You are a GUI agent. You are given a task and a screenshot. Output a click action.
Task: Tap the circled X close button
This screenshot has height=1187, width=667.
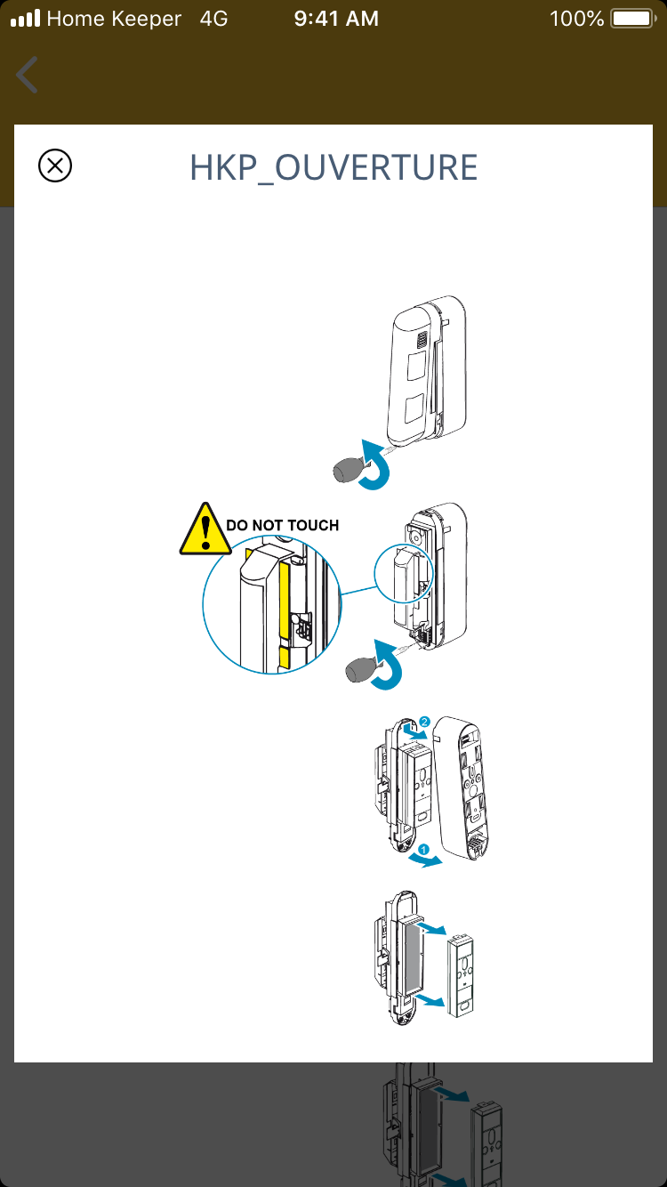[x=55, y=166]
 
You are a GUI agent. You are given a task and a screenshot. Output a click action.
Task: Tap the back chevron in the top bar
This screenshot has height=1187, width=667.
[x=28, y=75]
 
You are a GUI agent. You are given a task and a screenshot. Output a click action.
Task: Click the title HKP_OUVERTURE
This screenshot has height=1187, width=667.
[x=333, y=167]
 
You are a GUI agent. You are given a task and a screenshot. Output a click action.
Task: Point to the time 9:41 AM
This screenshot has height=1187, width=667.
[x=336, y=18]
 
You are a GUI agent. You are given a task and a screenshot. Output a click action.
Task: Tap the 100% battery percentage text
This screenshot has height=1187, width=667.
[x=576, y=18]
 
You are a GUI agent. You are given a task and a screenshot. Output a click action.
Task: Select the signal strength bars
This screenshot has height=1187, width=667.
[x=25, y=19]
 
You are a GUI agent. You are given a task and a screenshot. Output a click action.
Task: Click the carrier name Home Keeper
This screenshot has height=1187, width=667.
[x=114, y=18]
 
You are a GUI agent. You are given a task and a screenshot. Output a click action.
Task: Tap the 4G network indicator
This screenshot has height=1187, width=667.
[x=214, y=18]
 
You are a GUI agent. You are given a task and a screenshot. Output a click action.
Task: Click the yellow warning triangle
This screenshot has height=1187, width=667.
[x=205, y=530]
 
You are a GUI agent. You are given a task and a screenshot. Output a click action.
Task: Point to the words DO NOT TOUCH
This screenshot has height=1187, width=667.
[x=282, y=525]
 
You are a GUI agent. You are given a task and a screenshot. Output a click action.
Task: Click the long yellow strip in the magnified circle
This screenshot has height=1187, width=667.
[x=285, y=595]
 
